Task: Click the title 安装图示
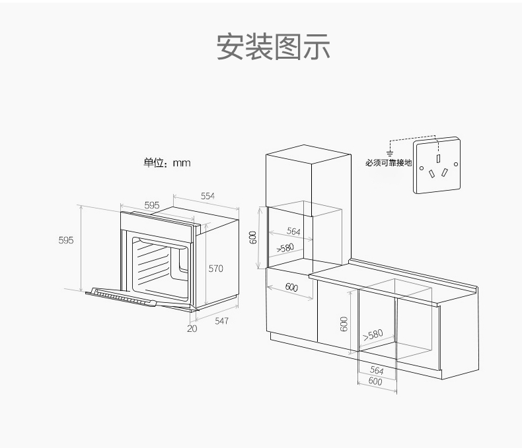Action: point(273,46)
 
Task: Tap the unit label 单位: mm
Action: point(167,162)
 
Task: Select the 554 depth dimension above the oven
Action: point(207,196)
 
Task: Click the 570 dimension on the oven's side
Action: point(216,269)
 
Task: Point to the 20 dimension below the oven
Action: point(192,328)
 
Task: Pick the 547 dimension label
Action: point(221,321)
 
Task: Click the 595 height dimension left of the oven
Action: point(65,241)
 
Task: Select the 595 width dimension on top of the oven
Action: point(152,205)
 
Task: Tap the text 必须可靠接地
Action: point(389,162)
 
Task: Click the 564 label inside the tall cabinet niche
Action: point(293,232)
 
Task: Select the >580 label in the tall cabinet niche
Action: point(285,248)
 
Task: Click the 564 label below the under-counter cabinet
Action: point(377,371)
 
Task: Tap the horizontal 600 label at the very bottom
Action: point(375,381)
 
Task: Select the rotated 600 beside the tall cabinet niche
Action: point(253,238)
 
